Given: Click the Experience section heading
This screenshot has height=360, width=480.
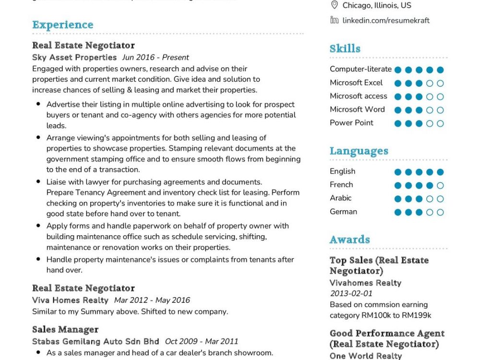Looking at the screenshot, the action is [x=63, y=25].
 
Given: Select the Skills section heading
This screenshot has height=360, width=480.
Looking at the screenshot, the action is [x=345, y=48].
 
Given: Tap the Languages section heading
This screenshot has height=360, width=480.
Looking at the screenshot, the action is [x=359, y=151].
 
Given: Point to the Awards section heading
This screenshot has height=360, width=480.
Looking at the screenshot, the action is [x=349, y=239].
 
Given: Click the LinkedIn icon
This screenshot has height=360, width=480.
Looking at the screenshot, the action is [x=334, y=20].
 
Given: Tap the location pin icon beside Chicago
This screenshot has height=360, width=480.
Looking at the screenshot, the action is [x=334, y=5].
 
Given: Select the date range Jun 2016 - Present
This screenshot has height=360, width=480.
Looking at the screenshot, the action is [x=156, y=58].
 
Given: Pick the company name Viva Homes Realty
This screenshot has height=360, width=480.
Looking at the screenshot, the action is [x=70, y=300].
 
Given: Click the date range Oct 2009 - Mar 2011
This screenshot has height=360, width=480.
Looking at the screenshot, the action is [x=202, y=342].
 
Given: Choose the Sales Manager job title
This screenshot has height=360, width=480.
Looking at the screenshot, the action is [x=65, y=329].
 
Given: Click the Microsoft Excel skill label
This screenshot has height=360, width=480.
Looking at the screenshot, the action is [x=356, y=83].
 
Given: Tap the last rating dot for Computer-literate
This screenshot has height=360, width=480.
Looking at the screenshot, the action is [x=440, y=70].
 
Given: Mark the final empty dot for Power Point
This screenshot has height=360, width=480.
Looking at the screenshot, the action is [x=440, y=123].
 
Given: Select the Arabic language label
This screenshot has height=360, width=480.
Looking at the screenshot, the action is [x=340, y=198].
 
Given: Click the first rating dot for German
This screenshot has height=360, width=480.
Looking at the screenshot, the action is [x=397, y=212].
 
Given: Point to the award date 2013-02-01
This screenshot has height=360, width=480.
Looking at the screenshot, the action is [x=351, y=293].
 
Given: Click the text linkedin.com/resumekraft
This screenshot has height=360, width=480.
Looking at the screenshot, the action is [x=386, y=20].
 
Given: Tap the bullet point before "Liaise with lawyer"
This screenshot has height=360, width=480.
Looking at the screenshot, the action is [x=38, y=182].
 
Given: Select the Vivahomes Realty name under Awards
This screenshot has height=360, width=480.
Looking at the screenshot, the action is [x=365, y=283].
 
